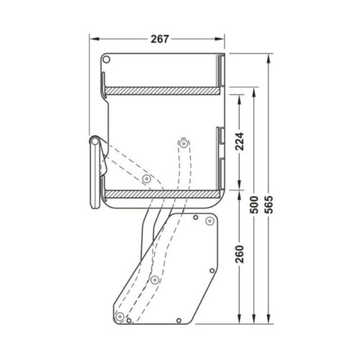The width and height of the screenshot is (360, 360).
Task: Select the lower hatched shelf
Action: coord(163,194)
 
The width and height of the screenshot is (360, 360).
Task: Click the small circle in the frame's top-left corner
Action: coord(106,58)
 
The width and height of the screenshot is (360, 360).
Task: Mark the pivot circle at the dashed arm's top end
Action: coord(183,143)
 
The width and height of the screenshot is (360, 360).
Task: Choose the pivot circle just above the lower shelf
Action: coord(146,178)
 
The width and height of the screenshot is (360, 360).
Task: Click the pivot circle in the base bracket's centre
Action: coord(154,279)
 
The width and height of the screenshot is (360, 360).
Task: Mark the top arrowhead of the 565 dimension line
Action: coord(269,55)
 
